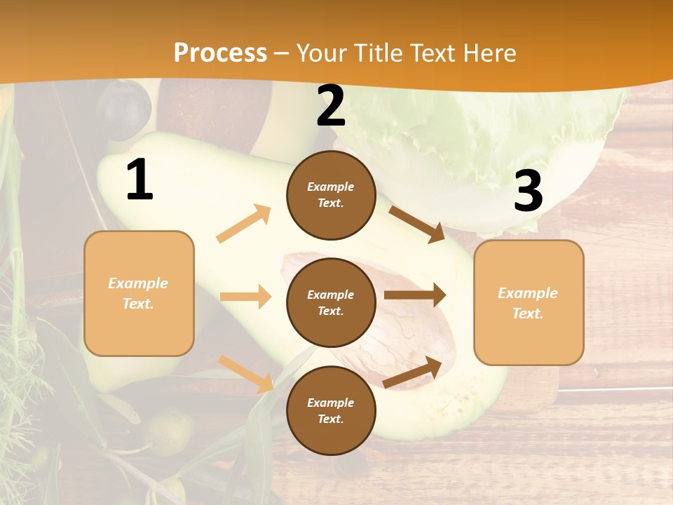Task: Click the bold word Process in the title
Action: (x=220, y=53)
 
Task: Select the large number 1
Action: (x=140, y=180)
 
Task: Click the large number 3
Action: (x=528, y=191)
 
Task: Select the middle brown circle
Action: (x=331, y=302)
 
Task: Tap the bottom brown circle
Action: (x=331, y=410)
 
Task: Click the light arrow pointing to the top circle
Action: (x=244, y=224)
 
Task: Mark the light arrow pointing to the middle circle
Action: (x=245, y=297)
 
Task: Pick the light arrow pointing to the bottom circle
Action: (x=246, y=374)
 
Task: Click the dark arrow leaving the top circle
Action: (x=417, y=224)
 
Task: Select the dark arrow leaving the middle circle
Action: (x=414, y=295)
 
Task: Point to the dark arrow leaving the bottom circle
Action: (x=412, y=372)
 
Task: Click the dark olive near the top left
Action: (x=123, y=109)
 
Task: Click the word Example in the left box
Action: (x=138, y=283)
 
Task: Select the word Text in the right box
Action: (x=528, y=314)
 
